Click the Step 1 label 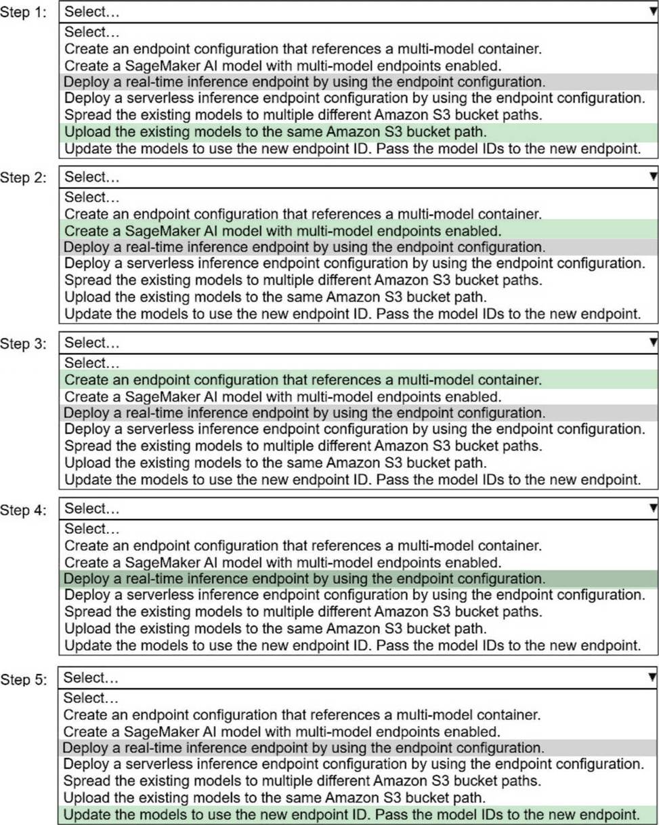point(24,13)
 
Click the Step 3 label point(24,343)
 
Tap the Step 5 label point(24,679)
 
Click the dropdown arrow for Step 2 point(652,177)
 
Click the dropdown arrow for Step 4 point(652,508)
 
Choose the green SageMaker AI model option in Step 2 point(282,230)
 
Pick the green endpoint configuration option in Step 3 point(303,379)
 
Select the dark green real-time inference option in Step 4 point(304,578)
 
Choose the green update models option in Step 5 point(352,813)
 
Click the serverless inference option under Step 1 point(354,98)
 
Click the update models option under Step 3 point(352,480)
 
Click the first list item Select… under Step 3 point(91,363)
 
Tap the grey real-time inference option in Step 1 point(304,82)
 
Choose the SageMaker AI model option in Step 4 point(282,562)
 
